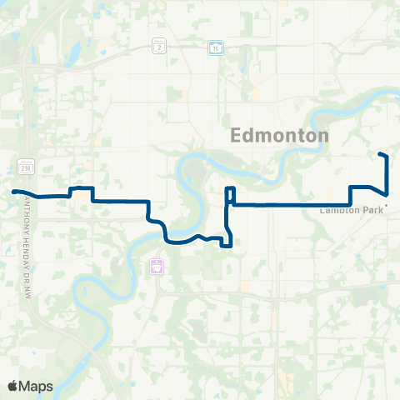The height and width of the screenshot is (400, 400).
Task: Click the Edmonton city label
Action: tap(279, 135)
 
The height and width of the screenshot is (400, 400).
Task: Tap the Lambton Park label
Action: tap(349, 210)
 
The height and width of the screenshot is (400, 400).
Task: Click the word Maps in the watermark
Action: tap(37, 386)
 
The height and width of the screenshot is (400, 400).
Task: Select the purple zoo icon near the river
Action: tap(156, 267)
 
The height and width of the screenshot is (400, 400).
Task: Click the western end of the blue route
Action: tap(14, 192)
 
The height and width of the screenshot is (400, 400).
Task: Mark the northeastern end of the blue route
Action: tap(381, 155)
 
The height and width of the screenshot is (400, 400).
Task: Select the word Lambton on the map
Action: tap(338, 210)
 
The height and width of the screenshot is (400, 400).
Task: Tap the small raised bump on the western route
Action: tap(80, 188)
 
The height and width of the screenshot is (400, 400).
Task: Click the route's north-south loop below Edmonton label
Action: tap(228, 196)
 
